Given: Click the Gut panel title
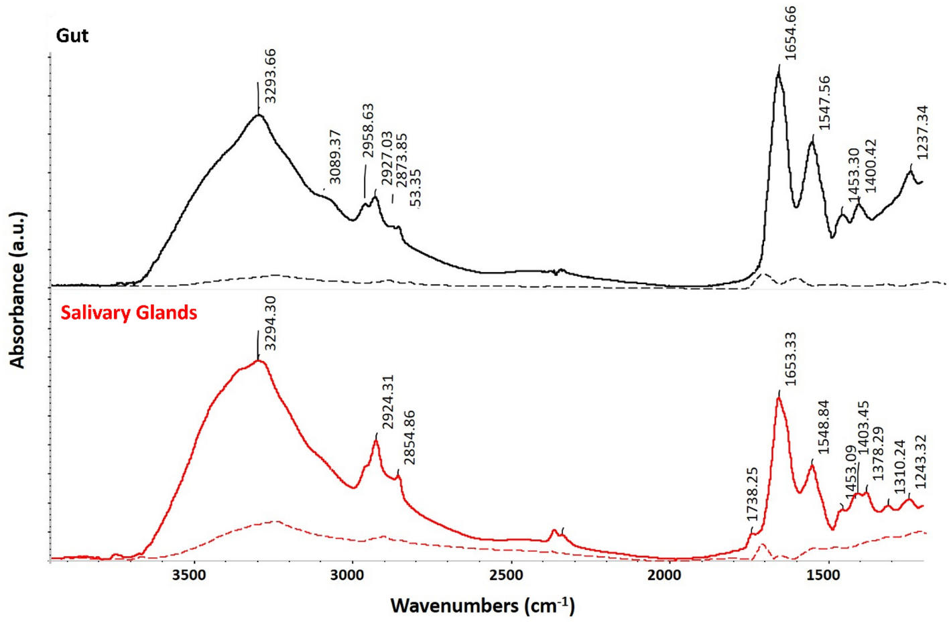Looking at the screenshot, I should [72, 36].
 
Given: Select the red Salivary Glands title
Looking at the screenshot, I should [129, 313].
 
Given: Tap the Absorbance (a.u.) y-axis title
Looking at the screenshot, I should [17, 289].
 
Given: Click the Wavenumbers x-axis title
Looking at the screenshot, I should [483, 606].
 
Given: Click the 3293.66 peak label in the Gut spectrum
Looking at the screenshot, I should [270, 76].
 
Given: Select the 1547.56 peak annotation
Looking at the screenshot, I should [824, 103].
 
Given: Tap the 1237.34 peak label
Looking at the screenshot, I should [923, 132].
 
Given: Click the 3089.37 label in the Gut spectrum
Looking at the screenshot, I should [335, 157].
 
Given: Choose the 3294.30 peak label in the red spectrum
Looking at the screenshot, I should [270, 324].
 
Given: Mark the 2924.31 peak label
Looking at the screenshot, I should [388, 402].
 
